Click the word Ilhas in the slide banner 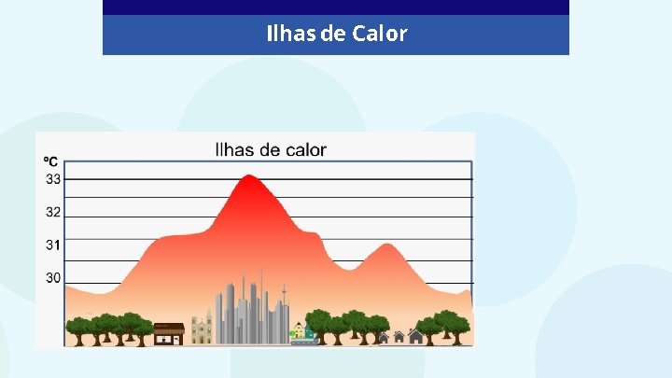(x=290, y=35)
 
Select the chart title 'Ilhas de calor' (x=271, y=149)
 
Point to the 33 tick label (x=53, y=178)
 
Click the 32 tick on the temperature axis (x=53, y=212)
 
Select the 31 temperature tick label (x=53, y=245)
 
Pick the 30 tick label (x=53, y=278)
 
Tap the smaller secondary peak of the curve (x=383, y=247)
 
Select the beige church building (x=202, y=329)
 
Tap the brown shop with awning (x=168, y=333)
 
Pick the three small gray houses (x=399, y=336)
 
